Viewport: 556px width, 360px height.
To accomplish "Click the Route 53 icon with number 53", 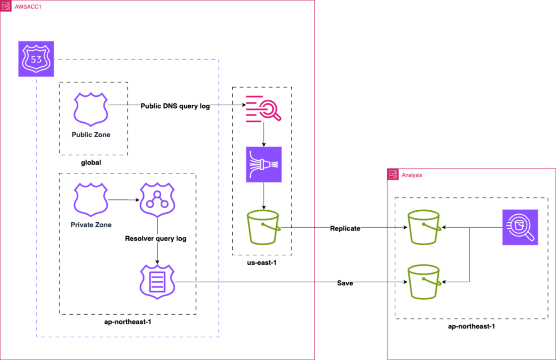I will [36, 59].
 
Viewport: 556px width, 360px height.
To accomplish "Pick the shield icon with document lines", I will [157, 282].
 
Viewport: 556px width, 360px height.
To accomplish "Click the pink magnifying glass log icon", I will [262, 109].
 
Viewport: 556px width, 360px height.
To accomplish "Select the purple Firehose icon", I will [264, 165].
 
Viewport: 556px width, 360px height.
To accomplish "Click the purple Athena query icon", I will [520, 227].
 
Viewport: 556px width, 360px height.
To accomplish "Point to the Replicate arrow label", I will [345, 228].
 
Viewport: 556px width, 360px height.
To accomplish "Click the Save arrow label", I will [345, 283].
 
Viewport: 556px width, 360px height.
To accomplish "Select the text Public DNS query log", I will [175, 106].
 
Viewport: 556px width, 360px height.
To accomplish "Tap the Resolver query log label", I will [156, 239].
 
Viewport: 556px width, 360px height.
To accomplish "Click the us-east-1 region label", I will [262, 263].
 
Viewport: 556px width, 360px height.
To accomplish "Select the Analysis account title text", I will [412, 175].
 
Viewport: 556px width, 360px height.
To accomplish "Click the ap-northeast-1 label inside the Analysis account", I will [471, 326].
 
